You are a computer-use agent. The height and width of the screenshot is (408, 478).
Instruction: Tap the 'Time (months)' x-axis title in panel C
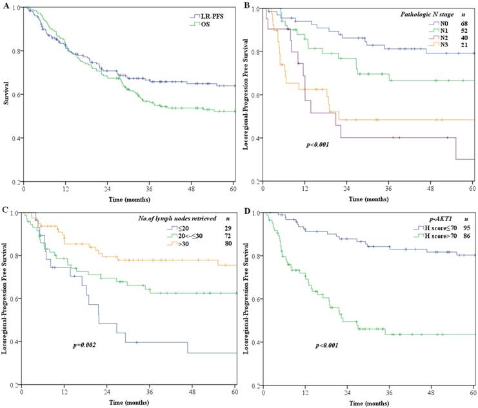coord(129,401)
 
